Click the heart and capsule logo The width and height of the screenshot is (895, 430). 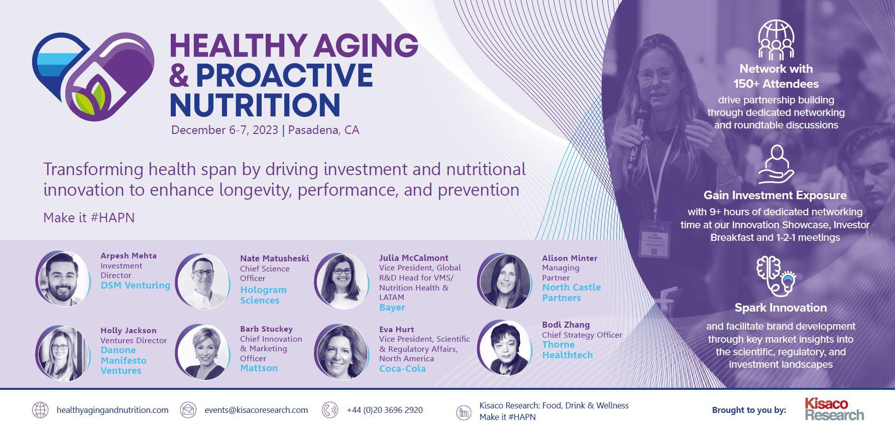point(93,76)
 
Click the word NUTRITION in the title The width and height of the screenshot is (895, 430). point(255,104)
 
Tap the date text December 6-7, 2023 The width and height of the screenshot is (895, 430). point(225,130)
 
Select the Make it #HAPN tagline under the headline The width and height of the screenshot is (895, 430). point(89,218)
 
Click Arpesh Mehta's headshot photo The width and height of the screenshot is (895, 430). point(62,278)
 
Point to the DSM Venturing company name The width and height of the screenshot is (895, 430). point(136,285)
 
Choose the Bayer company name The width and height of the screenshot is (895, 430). point(392,308)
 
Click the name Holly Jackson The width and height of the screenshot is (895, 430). point(128,330)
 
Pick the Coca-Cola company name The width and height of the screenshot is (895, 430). point(402,369)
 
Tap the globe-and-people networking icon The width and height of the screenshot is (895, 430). point(776,40)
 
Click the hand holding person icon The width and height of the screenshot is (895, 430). point(776,165)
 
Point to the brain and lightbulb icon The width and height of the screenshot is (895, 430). point(776,276)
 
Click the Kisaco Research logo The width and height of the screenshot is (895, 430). point(834,409)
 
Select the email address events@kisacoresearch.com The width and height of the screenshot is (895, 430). point(256,410)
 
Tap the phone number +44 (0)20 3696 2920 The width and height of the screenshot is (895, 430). point(385,410)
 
